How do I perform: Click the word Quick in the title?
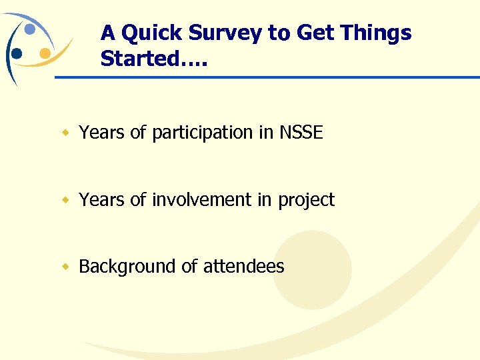(152, 33)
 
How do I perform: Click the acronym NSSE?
(301, 133)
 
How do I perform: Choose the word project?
(306, 200)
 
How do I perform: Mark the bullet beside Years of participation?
(65, 133)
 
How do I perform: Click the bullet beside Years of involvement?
(65, 199)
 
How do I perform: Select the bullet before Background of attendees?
(65, 267)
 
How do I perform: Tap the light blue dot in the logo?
(30, 29)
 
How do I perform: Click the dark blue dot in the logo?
(17, 53)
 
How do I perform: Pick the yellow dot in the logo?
(45, 53)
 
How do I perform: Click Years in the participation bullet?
(102, 133)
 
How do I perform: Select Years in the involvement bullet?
(102, 199)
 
